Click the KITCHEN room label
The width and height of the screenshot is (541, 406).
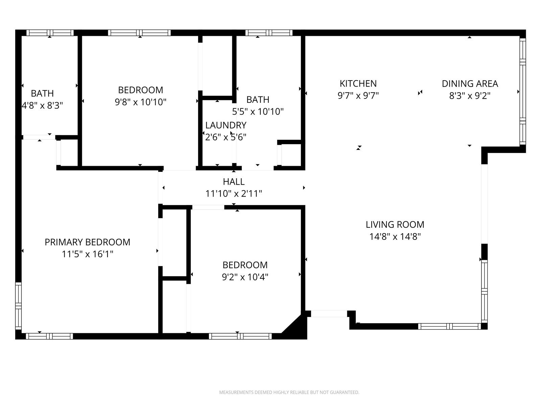(358, 84)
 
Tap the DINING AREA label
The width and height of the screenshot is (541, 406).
(470, 84)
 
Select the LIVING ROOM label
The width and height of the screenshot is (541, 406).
(395, 225)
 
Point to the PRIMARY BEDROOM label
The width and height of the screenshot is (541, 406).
(88, 242)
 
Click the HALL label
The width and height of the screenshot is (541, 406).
(234, 182)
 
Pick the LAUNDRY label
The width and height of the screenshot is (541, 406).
(226, 125)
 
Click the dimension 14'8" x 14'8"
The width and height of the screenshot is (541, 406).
(395, 236)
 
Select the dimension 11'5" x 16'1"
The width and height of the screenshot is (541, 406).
(88, 254)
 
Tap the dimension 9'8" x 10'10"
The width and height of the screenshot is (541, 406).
(140, 102)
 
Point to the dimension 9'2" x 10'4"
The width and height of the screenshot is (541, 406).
(245, 277)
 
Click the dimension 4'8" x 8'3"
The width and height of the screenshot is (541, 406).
(42, 106)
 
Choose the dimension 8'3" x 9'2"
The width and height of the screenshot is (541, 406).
(470, 96)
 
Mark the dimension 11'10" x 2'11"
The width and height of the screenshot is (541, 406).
(234, 194)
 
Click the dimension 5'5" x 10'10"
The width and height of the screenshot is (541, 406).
(258, 111)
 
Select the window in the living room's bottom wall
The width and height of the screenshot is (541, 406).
(450, 326)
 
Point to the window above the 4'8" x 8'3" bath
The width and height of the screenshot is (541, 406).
(50, 33)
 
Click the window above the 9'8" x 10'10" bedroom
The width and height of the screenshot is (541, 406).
(140, 33)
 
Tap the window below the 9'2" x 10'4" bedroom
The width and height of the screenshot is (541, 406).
(240, 336)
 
